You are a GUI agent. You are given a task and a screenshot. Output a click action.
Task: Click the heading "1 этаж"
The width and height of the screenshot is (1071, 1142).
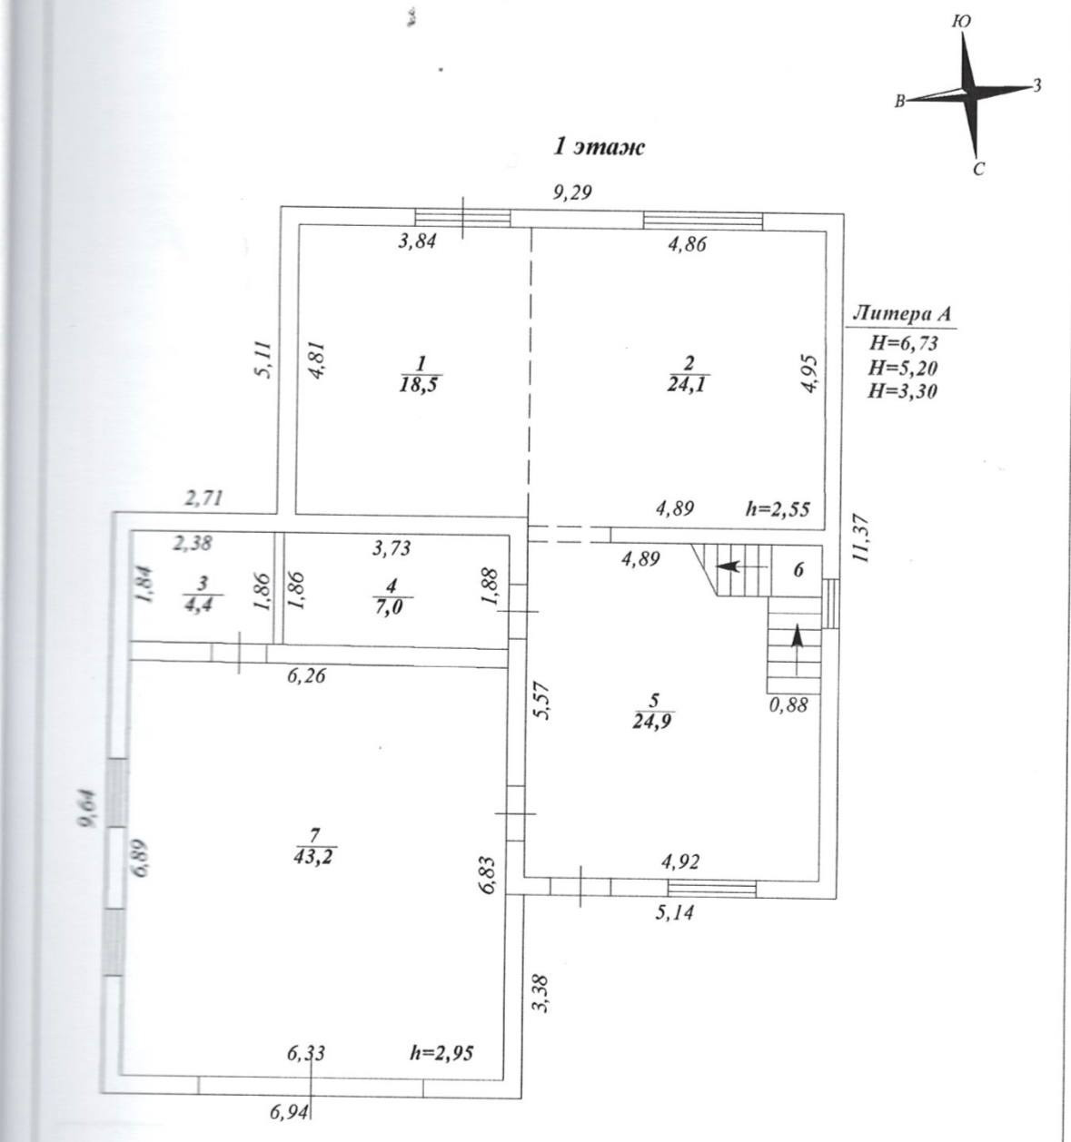pos(600,147)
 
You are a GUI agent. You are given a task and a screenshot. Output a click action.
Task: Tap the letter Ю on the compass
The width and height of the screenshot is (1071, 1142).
pos(964,22)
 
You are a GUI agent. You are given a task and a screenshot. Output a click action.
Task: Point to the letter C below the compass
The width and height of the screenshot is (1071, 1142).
pos(979,169)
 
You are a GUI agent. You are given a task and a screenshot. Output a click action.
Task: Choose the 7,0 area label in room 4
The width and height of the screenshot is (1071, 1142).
pos(392,605)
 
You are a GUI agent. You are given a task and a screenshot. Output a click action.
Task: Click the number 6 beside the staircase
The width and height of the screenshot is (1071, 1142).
pos(798,570)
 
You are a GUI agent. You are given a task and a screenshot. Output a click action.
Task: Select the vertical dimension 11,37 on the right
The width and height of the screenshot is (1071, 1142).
pos(863,539)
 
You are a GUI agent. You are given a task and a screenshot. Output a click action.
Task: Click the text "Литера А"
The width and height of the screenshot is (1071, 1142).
pos(902,315)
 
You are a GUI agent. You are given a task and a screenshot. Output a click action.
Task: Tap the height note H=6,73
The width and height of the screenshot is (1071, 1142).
pos(903,343)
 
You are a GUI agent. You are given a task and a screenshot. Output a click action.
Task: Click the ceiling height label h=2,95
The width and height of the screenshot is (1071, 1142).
pos(441,1053)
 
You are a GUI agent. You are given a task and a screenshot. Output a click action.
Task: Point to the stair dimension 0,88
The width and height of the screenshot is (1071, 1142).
pos(788,704)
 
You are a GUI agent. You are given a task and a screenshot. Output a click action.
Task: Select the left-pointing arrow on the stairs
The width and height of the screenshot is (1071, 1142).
pos(728,566)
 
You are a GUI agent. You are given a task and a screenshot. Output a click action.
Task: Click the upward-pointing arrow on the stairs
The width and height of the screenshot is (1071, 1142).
pos(797,637)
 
